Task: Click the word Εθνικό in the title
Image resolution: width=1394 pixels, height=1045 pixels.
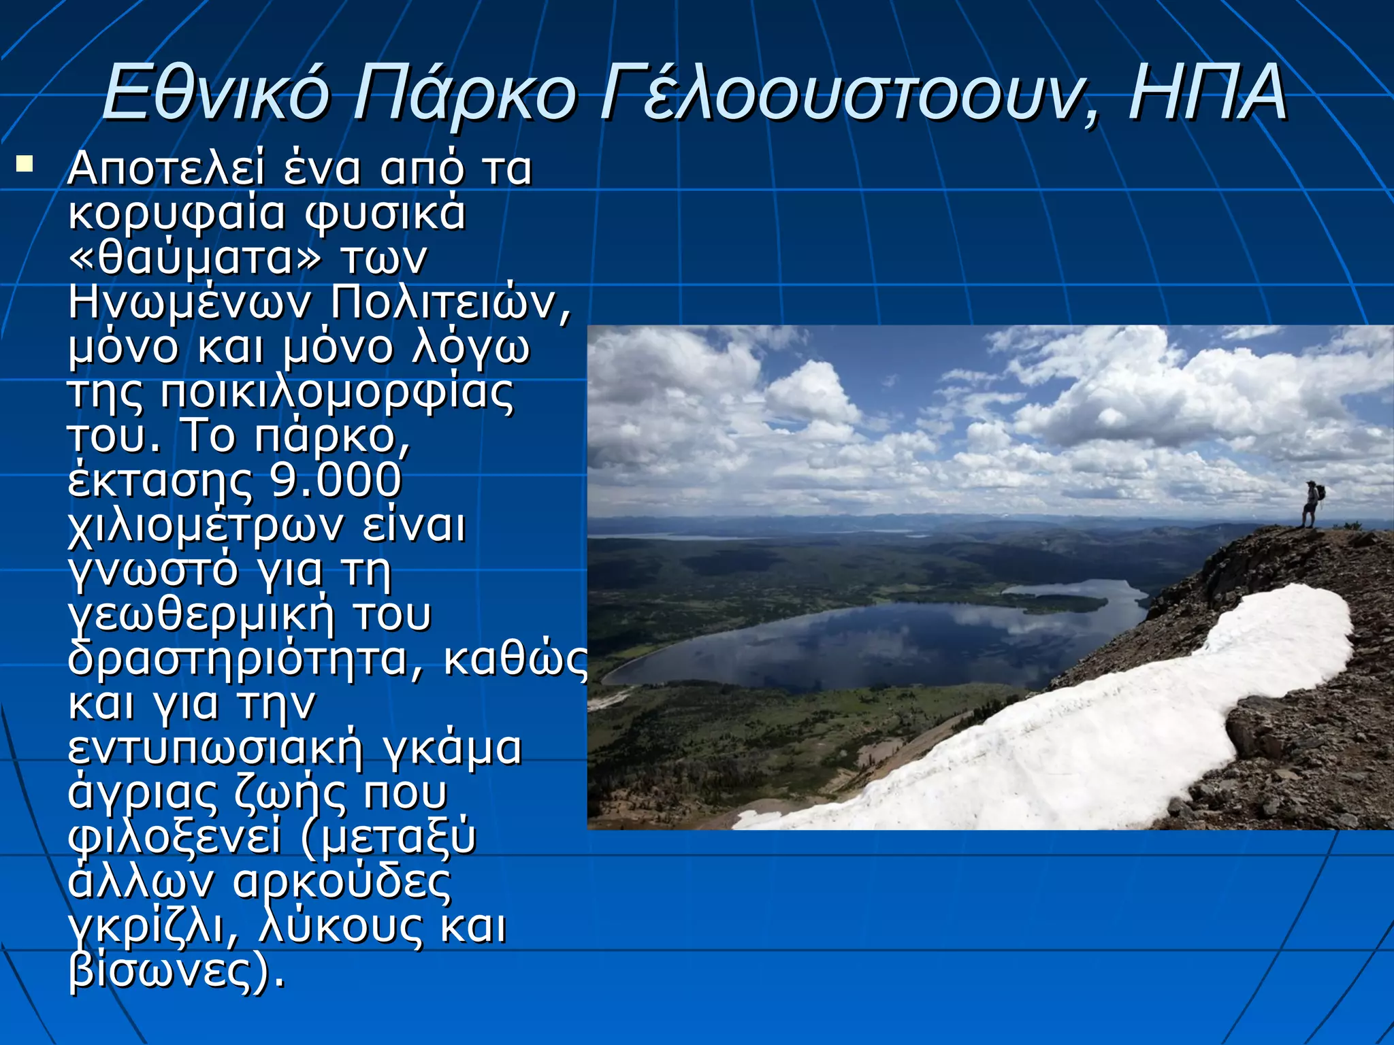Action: pos(216,92)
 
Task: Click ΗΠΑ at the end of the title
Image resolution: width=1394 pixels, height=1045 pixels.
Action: pos(1207,92)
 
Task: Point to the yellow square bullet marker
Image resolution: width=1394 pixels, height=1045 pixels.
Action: pos(25,164)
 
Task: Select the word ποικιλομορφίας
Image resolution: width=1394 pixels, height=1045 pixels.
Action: pos(337,392)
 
